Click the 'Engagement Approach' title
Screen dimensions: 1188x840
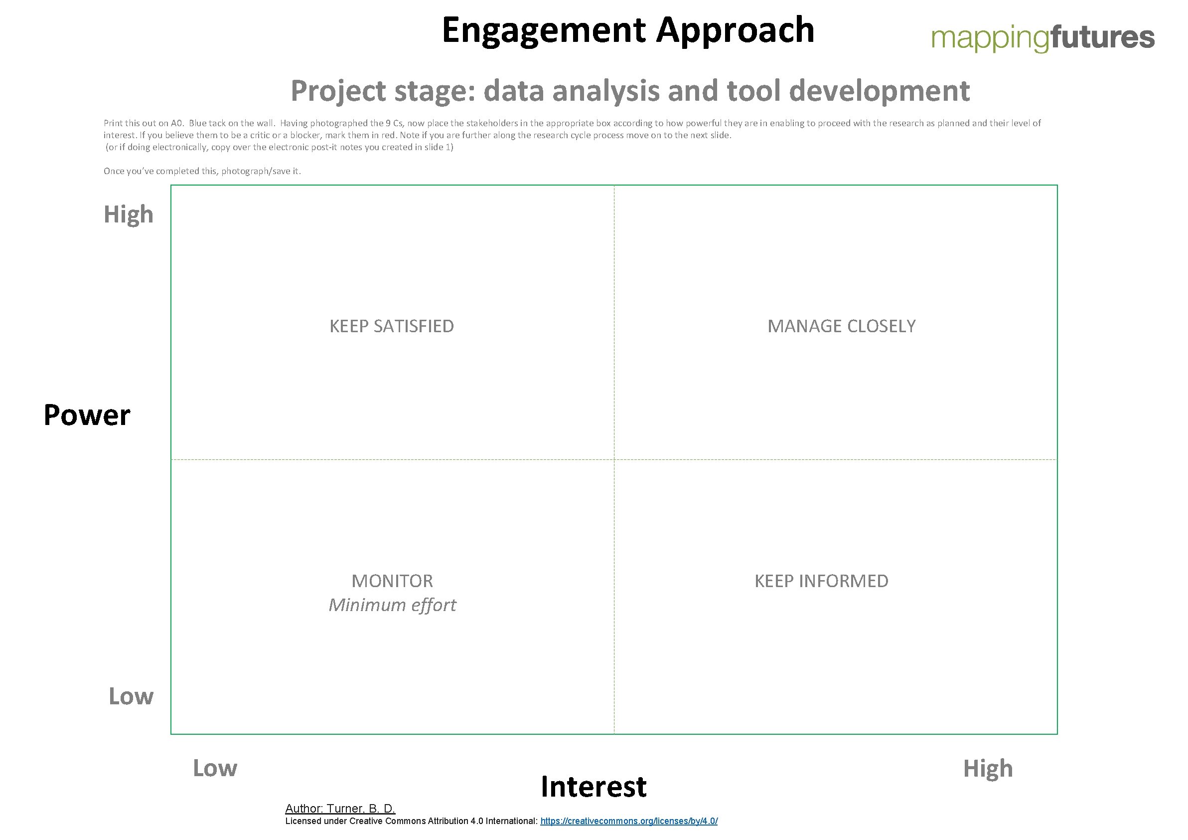coord(627,30)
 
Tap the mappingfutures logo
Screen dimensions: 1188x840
coord(1042,37)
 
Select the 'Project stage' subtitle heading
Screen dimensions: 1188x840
coord(630,91)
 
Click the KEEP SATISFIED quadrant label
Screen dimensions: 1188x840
coord(392,326)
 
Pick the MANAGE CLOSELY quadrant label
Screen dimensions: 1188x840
coord(841,326)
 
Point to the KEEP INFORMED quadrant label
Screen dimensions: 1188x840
coord(821,581)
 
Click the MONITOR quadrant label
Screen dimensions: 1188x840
coord(392,581)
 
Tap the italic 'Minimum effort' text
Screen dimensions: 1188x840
coord(392,605)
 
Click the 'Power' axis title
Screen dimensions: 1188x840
coord(87,416)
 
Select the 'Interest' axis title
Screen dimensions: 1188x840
coord(594,787)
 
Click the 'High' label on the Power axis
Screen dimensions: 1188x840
coord(129,214)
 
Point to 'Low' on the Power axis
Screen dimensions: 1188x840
coord(131,696)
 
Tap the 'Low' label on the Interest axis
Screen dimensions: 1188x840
coord(215,769)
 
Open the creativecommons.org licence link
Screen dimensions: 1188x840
coord(629,822)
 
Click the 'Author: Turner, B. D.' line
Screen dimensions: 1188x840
coord(340,809)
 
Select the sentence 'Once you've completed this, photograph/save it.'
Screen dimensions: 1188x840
coord(202,171)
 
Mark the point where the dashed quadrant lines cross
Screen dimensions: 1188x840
coord(614,459)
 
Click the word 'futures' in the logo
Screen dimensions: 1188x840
coord(1102,37)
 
